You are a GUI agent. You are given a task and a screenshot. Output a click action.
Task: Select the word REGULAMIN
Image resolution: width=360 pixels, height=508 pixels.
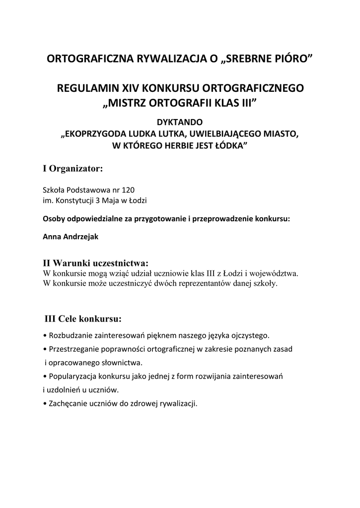(x=89, y=89)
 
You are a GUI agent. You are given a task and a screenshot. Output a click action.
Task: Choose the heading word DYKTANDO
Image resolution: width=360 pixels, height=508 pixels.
(x=180, y=122)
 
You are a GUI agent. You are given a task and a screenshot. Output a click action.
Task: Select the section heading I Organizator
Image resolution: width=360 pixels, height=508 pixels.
(x=73, y=169)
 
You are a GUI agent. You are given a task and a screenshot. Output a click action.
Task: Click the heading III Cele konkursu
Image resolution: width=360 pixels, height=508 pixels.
(x=83, y=318)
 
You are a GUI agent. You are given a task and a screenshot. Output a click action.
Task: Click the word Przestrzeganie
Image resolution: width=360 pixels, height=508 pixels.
(x=72, y=349)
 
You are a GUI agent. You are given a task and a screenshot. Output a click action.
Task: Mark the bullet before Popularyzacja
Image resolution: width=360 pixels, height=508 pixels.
(x=45, y=376)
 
